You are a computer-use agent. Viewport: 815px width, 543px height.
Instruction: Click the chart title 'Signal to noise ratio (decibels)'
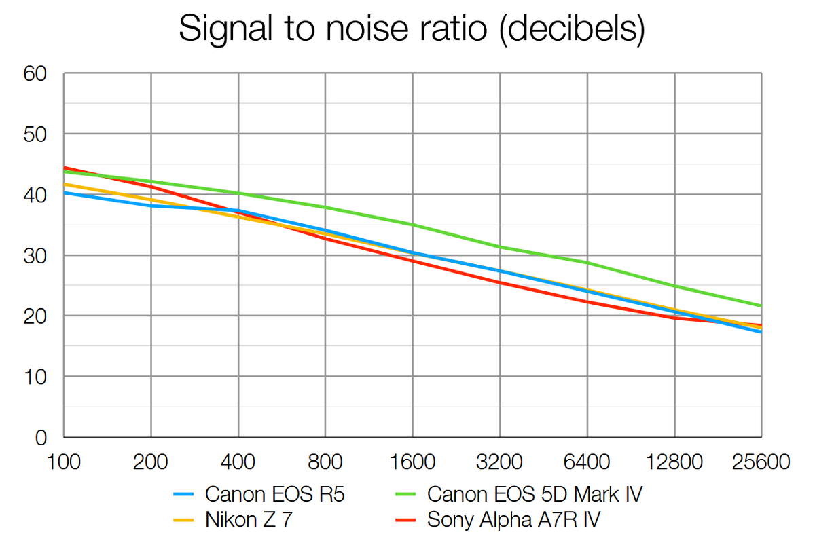(410, 30)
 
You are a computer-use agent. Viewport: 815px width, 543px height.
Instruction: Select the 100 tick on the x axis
(64, 463)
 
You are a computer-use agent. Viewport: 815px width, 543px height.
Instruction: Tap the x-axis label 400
(238, 463)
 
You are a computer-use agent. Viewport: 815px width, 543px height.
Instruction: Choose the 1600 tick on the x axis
(413, 463)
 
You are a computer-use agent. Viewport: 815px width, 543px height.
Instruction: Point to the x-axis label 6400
(587, 463)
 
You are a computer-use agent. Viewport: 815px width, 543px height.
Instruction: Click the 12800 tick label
(674, 463)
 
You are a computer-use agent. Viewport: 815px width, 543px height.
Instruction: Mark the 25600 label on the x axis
(761, 463)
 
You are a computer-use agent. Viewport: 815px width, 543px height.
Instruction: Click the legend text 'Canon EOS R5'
(275, 494)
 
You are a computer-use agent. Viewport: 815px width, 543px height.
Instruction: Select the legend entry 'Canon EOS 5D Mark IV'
(535, 494)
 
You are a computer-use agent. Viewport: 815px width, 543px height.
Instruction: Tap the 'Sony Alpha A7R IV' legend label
(513, 520)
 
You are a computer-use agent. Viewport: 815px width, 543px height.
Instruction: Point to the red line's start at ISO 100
(64, 167)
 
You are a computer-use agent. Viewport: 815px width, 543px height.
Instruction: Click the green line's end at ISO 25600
(761, 305)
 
